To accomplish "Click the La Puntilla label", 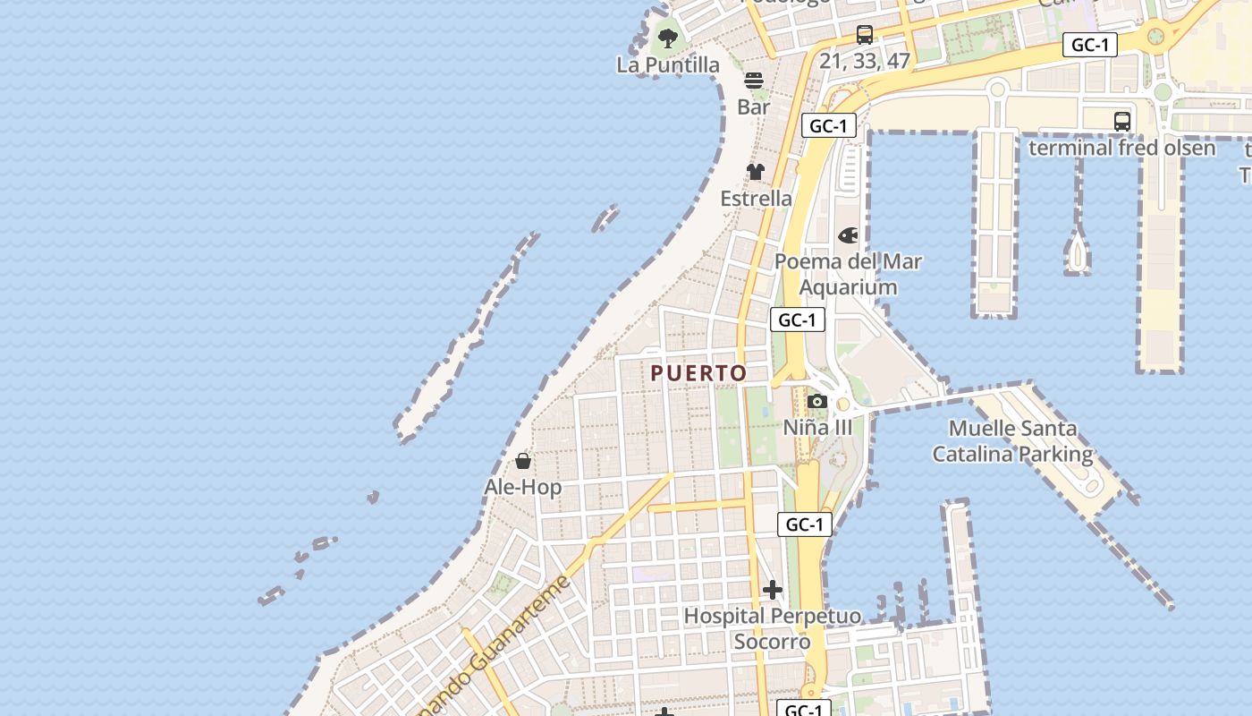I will click(668, 64).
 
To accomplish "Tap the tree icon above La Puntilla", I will click(668, 38).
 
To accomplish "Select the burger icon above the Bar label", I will click(754, 81).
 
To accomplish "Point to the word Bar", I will click(754, 107).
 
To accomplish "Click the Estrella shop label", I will click(757, 198).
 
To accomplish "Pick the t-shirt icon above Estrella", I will click(756, 172).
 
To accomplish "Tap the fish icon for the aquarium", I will click(848, 235).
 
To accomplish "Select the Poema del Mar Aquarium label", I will click(848, 274).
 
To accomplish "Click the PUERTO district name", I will click(698, 373).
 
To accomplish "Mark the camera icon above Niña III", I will click(817, 402).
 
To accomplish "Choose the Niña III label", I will click(818, 427).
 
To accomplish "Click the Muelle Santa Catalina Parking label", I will click(1012, 441).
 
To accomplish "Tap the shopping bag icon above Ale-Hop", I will click(523, 461).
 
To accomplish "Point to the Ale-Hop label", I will click(523, 487).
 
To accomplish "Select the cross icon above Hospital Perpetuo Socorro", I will click(773, 590).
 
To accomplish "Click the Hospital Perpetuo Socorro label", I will click(773, 628).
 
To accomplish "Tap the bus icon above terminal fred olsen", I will click(1122, 122).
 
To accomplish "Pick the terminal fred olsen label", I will click(1122, 148).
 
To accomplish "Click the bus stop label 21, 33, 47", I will click(865, 61).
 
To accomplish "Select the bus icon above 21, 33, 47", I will click(865, 35).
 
